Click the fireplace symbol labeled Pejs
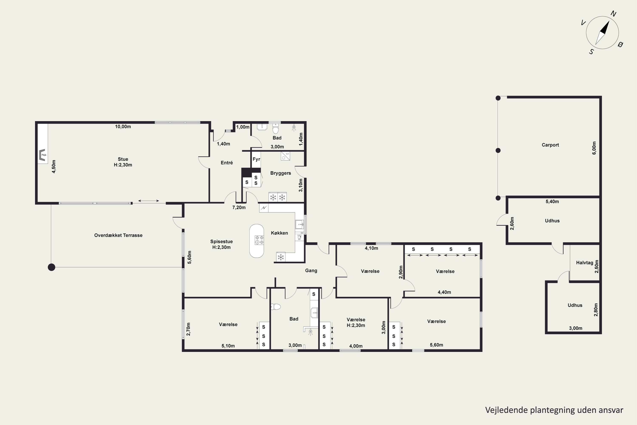pyautogui.click(x=42, y=155)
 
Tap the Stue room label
pyautogui.click(x=123, y=159)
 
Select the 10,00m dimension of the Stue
pyautogui.click(x=123, y=127)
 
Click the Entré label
pyautogui.click(x=227, y=163)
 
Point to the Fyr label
pyautogui.click(x=256, y=159)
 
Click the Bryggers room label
pyautogui.click(x=280, y=173)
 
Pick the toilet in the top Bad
pyautogui.click(x=275, y=129)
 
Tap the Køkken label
pyautogui.click(x=279, y=233)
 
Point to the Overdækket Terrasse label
pyautogui.click(x=118, y=235)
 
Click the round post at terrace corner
pyautogui.click(x=51, y=267)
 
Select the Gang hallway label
pyautogui.click(x=311, y=271)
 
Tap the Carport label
pyautogui.click(x=550, y=145)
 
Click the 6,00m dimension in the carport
pyautogui.click(x=594, y=148)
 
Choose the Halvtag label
pyautogui.click(x=585, y=263)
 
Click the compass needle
pyautogui.click(x=602, y=33)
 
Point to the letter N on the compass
pyautogui.click(x=613, y=14)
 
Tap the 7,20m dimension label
pyautogui.click(x=239, y=208)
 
